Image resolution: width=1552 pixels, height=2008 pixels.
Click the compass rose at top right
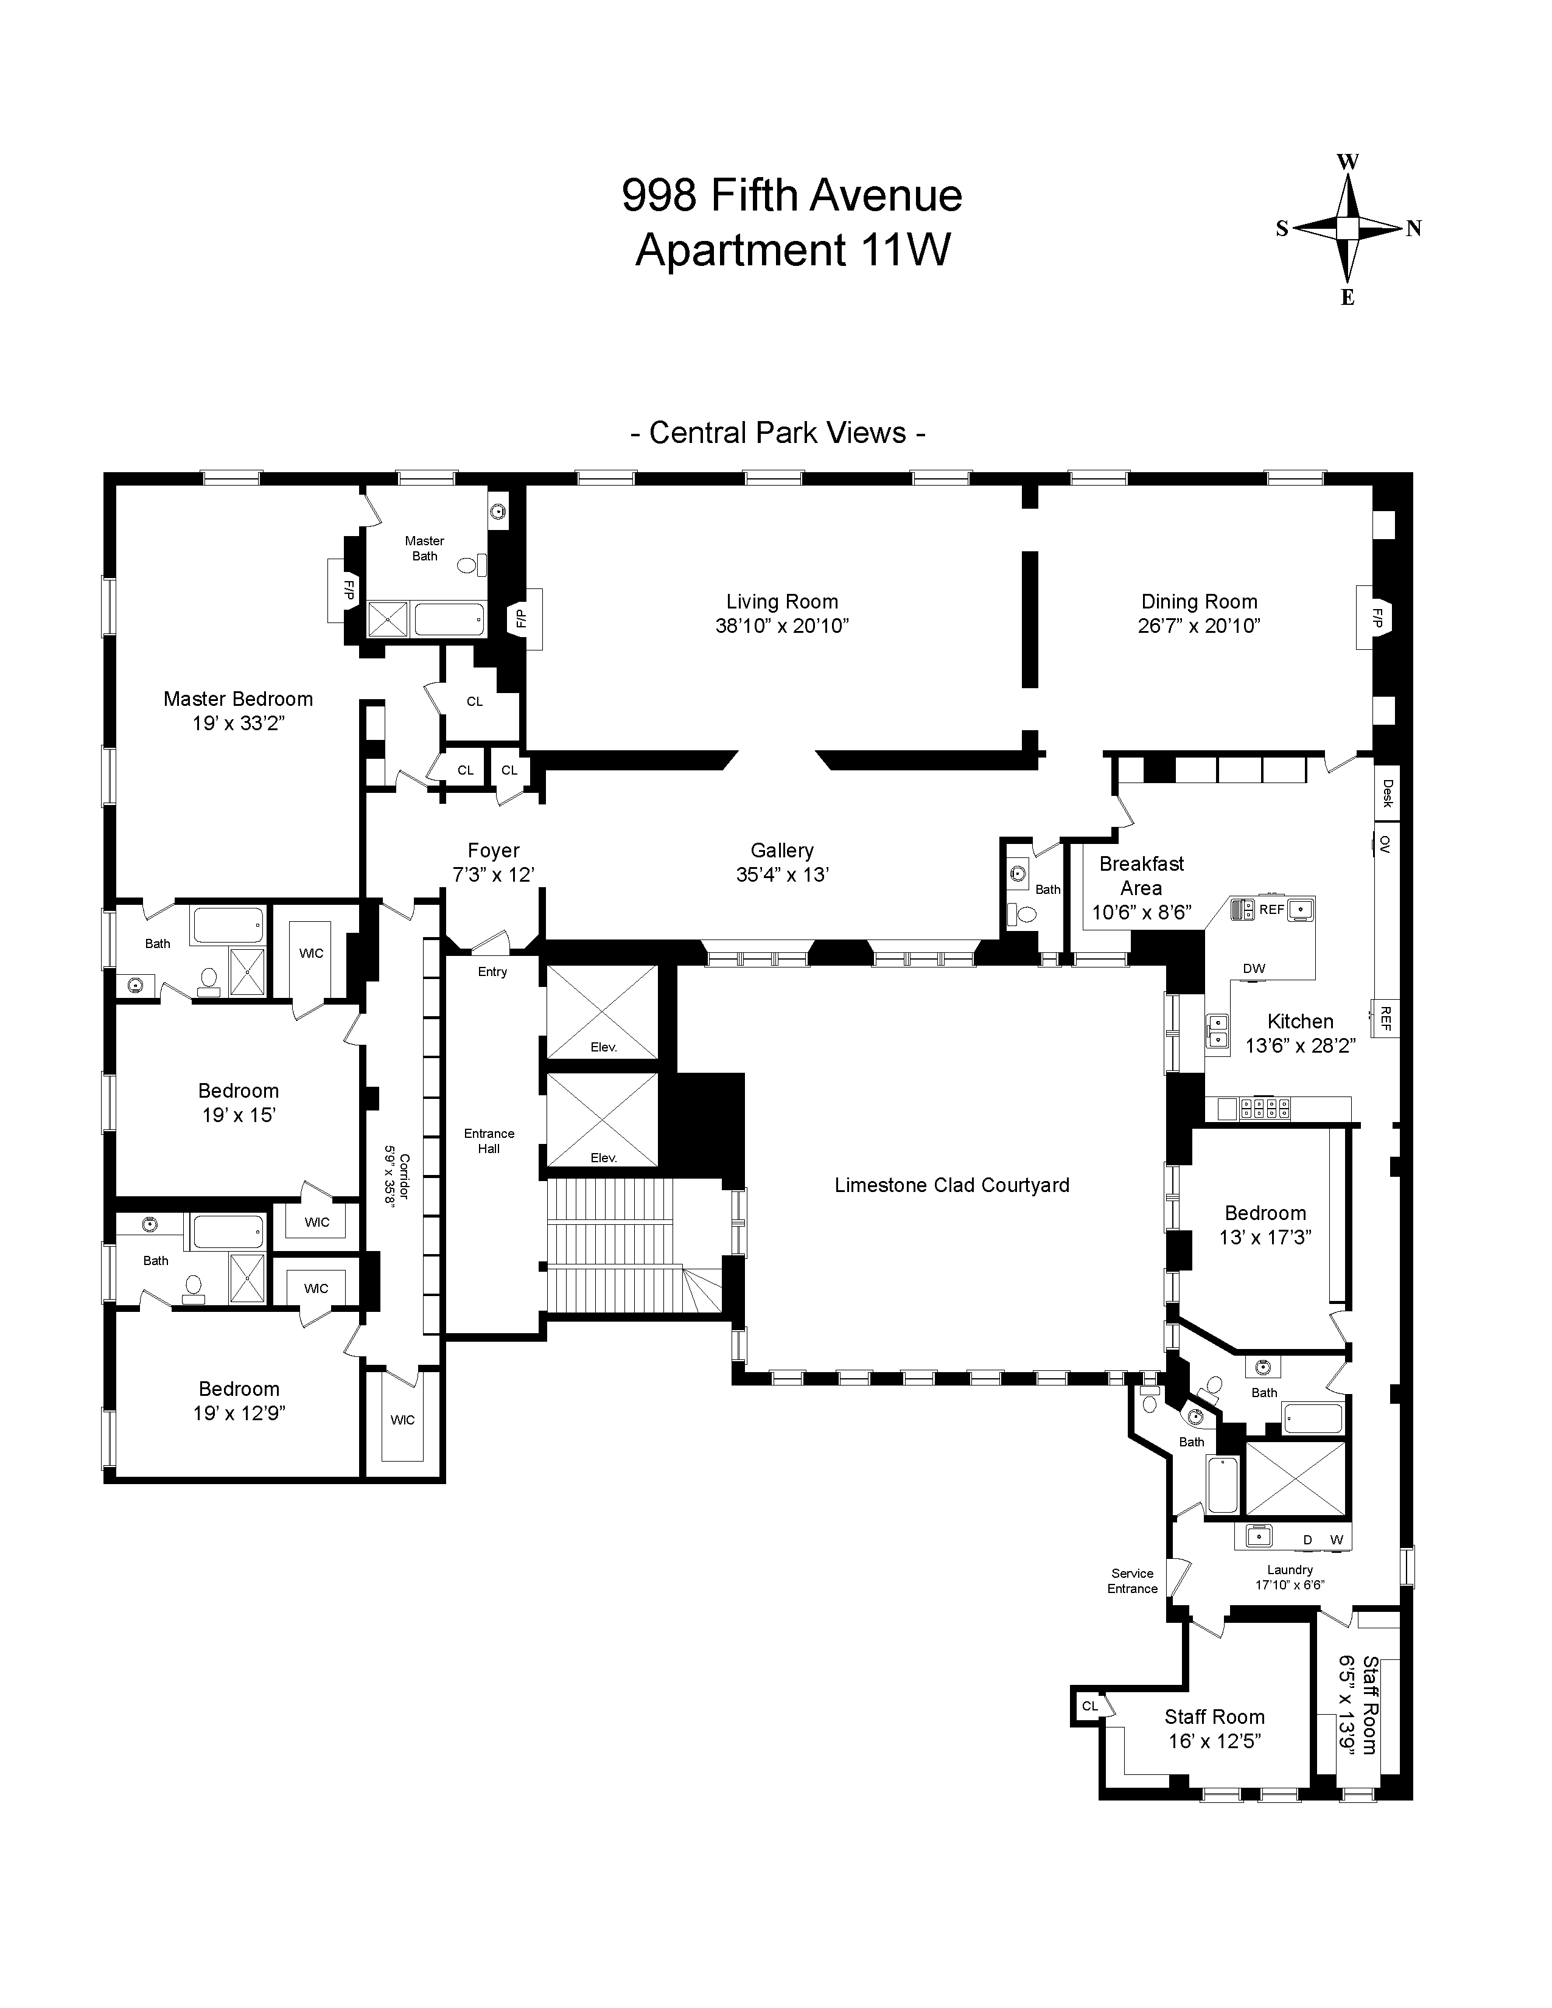click(x=1348, y=229)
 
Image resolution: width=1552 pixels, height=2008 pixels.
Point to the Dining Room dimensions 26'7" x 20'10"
click(x=1199, y=626)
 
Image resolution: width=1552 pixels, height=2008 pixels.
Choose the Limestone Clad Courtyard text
click(x=952, y=1185)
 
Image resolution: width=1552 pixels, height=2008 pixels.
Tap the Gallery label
click(x=781, y=851)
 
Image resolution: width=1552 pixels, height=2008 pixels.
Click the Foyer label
click(x=494, y=851)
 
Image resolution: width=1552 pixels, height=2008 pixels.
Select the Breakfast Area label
click(x=1142, y=876)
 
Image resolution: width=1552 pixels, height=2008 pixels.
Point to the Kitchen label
click(x=1300, y=1022)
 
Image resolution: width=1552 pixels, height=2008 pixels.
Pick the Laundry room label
click(x=1290, y=1569)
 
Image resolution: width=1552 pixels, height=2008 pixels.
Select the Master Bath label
click(x=425, y=548)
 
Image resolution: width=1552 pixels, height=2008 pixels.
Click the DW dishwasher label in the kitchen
click(x=1254, y=968)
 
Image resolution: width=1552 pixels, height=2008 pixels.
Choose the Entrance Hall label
click(x=489, y=1141)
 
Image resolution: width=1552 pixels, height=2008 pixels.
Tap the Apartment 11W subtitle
click(x=792, y=250)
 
